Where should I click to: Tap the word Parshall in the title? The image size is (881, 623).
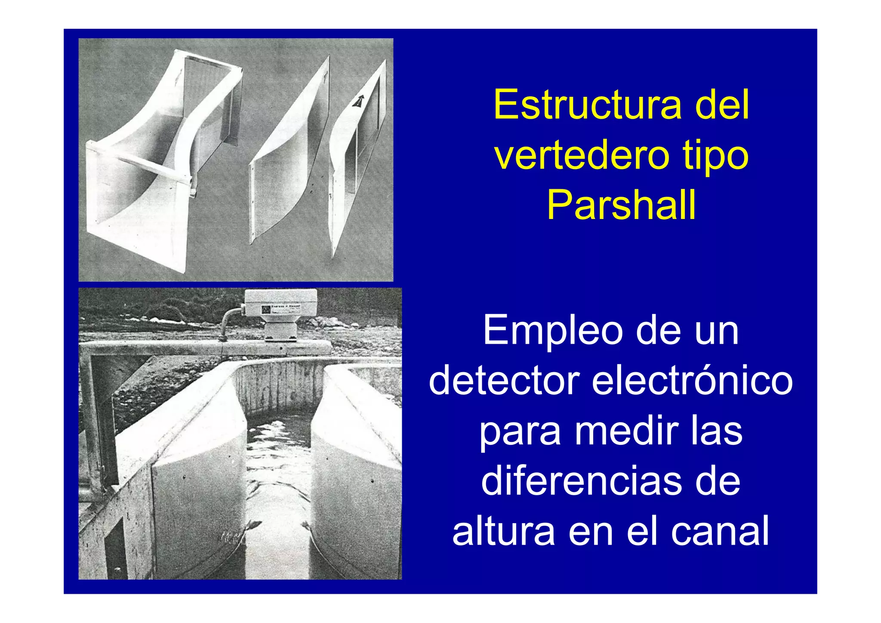(x=621, y=205)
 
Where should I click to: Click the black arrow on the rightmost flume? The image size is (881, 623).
(x=358, y=102)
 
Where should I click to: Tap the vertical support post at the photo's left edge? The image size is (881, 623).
(x=89, y=422)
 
